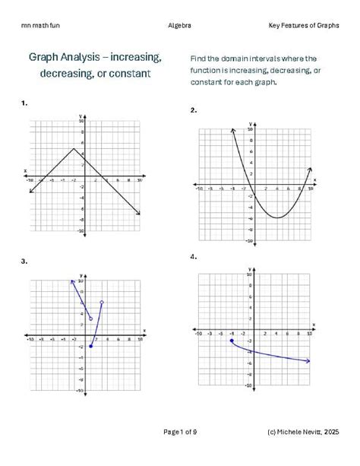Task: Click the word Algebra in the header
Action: pyautogui.click(x=180, y=26)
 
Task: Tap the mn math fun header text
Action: pyautogui.click(x=40, y=26)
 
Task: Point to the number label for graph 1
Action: pyautogui.click(x=25, y=102)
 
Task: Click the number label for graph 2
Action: pyautogui.click(x=194, y=110)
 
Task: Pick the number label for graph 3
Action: pyautogui.click(x=25, y=262)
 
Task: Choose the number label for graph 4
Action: pyautogui.click(x=194, y=256)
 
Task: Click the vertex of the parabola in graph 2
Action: pyautogui.click(x=279, y=218)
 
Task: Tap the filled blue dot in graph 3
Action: pyautogui.click(x=91, y=347)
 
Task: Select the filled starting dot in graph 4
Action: pyautogui.click(x=231, y=341)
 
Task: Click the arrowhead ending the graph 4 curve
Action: pyautogui.click(x=308, y=361)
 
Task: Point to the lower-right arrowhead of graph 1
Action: pyautogui.click(x=138, y=214)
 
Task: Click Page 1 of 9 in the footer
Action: pyautogui.click(x=180, y=433)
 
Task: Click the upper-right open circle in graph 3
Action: pyautogui.click(x=102, y=303)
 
